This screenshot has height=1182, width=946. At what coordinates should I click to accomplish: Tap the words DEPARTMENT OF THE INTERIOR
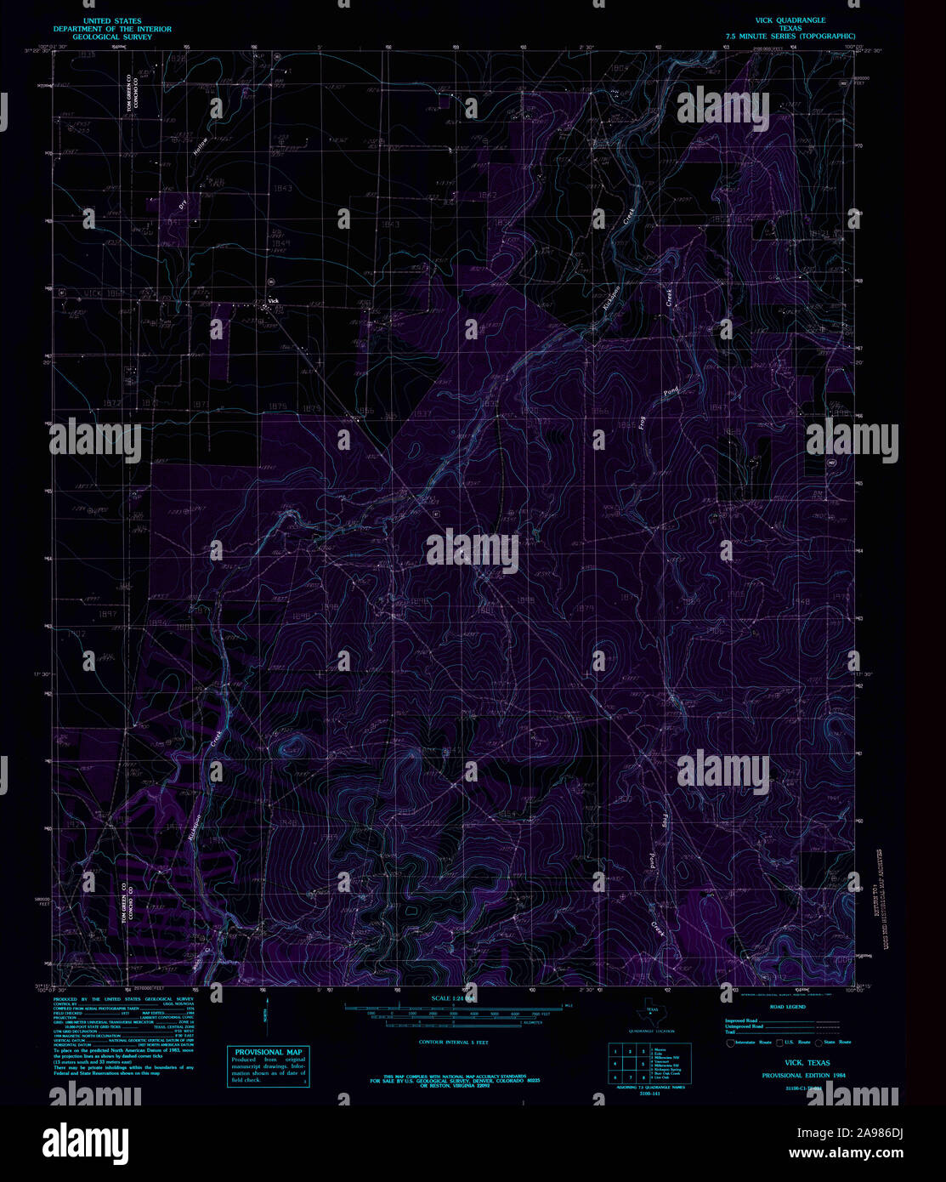(x=106, y=29)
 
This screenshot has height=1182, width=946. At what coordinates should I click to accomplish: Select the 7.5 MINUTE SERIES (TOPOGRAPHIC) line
(x=790, y=37)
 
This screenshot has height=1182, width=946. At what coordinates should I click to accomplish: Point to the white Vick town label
(x=273, y=300)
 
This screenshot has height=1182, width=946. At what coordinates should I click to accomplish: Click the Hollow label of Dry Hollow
(x=201, y=145)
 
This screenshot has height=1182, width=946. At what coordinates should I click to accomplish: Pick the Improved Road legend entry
(x=741, y=1020)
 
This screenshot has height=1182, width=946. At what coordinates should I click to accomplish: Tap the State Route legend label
(x=837, y=1042)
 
